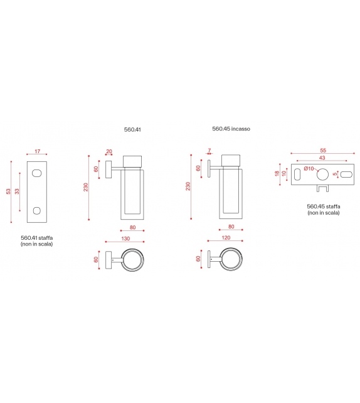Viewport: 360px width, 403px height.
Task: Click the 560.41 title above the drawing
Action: (x=132, y=129)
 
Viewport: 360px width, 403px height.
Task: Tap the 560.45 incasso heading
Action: (x=231, y=129)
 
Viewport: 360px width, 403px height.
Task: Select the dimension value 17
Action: (x=38, y=151)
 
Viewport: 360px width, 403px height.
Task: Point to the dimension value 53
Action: (x=9, y=191)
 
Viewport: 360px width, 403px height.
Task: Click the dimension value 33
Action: (x=17, y=191)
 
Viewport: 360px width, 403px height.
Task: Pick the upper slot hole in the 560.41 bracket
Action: (x=37, y=173)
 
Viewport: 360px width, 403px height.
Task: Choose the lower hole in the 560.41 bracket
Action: (x=37, y=211)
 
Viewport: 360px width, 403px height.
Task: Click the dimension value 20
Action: (x=109, y=151)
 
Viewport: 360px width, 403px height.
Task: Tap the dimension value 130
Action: (x=125, y=239)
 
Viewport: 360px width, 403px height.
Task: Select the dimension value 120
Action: (x=226, y=238)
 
